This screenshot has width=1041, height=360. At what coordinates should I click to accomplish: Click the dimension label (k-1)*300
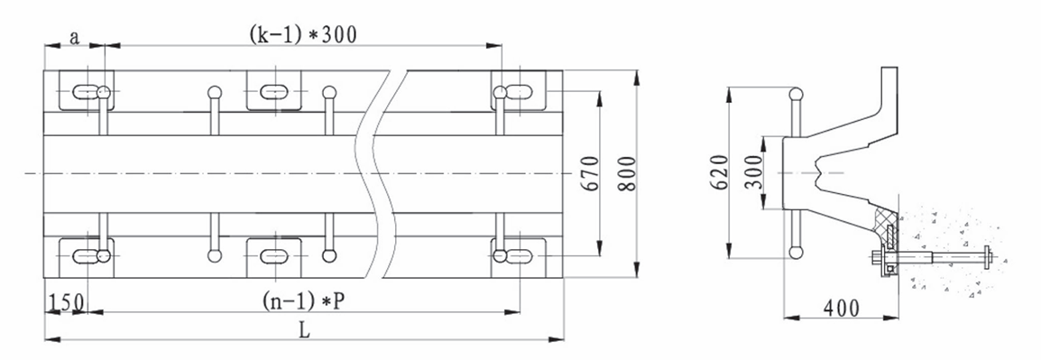coord(303,33)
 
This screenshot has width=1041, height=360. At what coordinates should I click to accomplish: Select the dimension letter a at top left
coord(74,37)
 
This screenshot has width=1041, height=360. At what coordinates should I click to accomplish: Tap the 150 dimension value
coord(65,303)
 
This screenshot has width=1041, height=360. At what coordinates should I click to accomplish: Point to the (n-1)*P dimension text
coord(303,302)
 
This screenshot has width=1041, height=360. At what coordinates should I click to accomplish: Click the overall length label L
coord(303,330)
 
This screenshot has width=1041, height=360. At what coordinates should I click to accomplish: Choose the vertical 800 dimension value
coord(627,174)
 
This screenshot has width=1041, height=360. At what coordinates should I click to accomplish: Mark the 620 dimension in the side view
coord(721,172)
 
